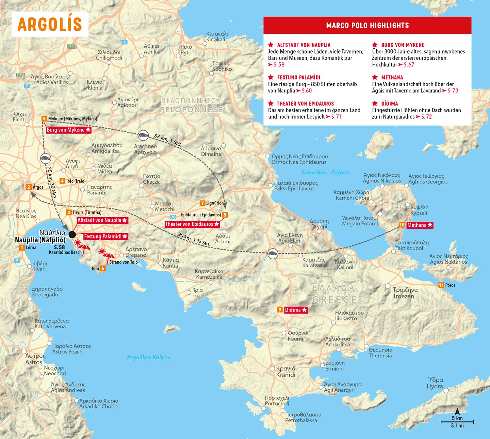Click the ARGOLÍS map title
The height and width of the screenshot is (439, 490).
[x=50, y=24]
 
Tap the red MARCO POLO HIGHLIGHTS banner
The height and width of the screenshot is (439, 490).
[x=367, y=25]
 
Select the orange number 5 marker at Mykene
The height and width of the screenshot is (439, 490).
[x=44, y=119]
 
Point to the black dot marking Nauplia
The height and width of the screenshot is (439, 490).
[x=72, y=234]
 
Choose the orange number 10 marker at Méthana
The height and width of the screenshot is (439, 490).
[x=402, y=225]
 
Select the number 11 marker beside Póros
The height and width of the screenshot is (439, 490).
[x=441, y=285]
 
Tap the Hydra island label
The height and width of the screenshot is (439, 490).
[x=435, y=383]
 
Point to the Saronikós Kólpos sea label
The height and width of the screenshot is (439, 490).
[x=325, y=172]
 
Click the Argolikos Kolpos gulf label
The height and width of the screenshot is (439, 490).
[x=148, y=357]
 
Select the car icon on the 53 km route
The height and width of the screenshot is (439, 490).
[x=142, y=134]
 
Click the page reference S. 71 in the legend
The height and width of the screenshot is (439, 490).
[x=336, y=117]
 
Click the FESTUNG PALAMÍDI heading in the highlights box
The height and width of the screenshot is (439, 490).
[x=299, y=77]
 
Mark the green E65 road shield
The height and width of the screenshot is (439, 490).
[x=72, y=46]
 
